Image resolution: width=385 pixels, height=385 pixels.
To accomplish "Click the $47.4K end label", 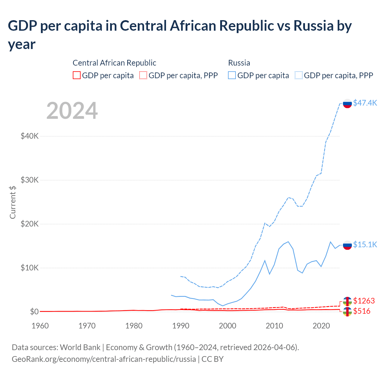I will [365, 103].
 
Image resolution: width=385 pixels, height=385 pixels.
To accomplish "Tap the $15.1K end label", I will [365, 245].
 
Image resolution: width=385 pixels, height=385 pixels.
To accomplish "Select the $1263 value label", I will [364, 301].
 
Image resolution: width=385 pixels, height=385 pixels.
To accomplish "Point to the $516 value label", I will [362, 311].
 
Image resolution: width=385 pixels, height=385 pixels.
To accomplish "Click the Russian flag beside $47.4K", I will [347, 103].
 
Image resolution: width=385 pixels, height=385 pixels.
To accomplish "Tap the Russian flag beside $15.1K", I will [347, 245].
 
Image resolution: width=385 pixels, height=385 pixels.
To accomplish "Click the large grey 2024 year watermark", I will [72, 111].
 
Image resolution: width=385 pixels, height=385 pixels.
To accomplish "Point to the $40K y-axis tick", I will [29, 136].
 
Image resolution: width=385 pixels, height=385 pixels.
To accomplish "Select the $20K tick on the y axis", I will [29, 224].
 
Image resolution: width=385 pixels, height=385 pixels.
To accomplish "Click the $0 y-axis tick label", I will [34, 312].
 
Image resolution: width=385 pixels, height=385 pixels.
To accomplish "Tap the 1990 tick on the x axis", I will [181, 326].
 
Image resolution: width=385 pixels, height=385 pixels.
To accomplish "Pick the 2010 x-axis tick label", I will [274, 326].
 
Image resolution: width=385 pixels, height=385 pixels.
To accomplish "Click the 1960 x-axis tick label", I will [40, 326].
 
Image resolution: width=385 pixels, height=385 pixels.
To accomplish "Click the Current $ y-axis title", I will [13, 202].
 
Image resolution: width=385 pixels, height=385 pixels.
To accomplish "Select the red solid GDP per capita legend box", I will [77, 75].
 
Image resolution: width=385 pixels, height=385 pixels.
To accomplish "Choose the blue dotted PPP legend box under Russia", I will [299, 75].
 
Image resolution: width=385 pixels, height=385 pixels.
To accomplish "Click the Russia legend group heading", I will [239, 63].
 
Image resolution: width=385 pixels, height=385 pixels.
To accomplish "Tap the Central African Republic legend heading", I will [114, 63].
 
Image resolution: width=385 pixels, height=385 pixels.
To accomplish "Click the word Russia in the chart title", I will [313, 26].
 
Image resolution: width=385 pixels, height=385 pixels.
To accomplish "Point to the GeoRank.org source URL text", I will [104, 359].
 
